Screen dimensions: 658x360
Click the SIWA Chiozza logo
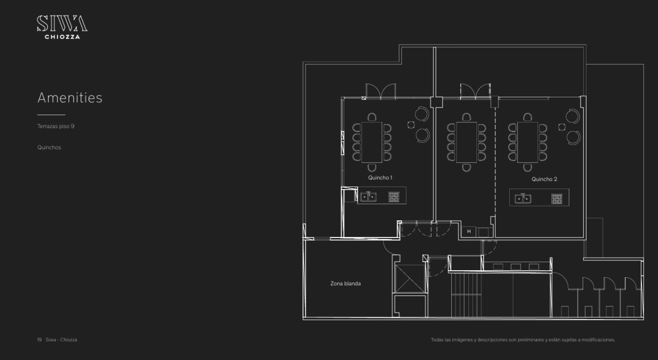click(x=62, y=27)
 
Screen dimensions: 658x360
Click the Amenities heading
click(x=70, y=98)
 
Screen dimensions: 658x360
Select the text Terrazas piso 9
click(x=56, y=126)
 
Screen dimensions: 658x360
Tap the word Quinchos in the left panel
click(x=49, y=147)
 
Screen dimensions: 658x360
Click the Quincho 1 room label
click(x=380, y=177)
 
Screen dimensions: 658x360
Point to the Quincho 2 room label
click(x=544, y=179)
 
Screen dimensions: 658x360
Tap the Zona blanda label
click(x=345, y=284)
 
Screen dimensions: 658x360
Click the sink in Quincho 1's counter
click(x=368, y=196)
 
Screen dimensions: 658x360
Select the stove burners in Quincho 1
click(x=394, y=197)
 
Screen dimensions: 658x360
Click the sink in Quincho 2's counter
click(x=523, y=199)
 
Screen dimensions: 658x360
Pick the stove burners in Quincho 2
click(x=557, y=199)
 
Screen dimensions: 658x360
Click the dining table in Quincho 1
click(x=372, y=142)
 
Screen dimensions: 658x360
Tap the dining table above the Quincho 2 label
click(x=527, y=142)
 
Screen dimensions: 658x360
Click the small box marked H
click(x=469, y=232)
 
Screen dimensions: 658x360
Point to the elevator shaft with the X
click(x=410, y=278)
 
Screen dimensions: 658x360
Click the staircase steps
click(x=466, y=296)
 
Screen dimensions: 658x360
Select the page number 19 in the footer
click(x=39, y=340)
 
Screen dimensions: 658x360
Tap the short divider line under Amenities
click(x=52, y=114)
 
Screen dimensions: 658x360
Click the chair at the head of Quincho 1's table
click(x=372, y=117)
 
